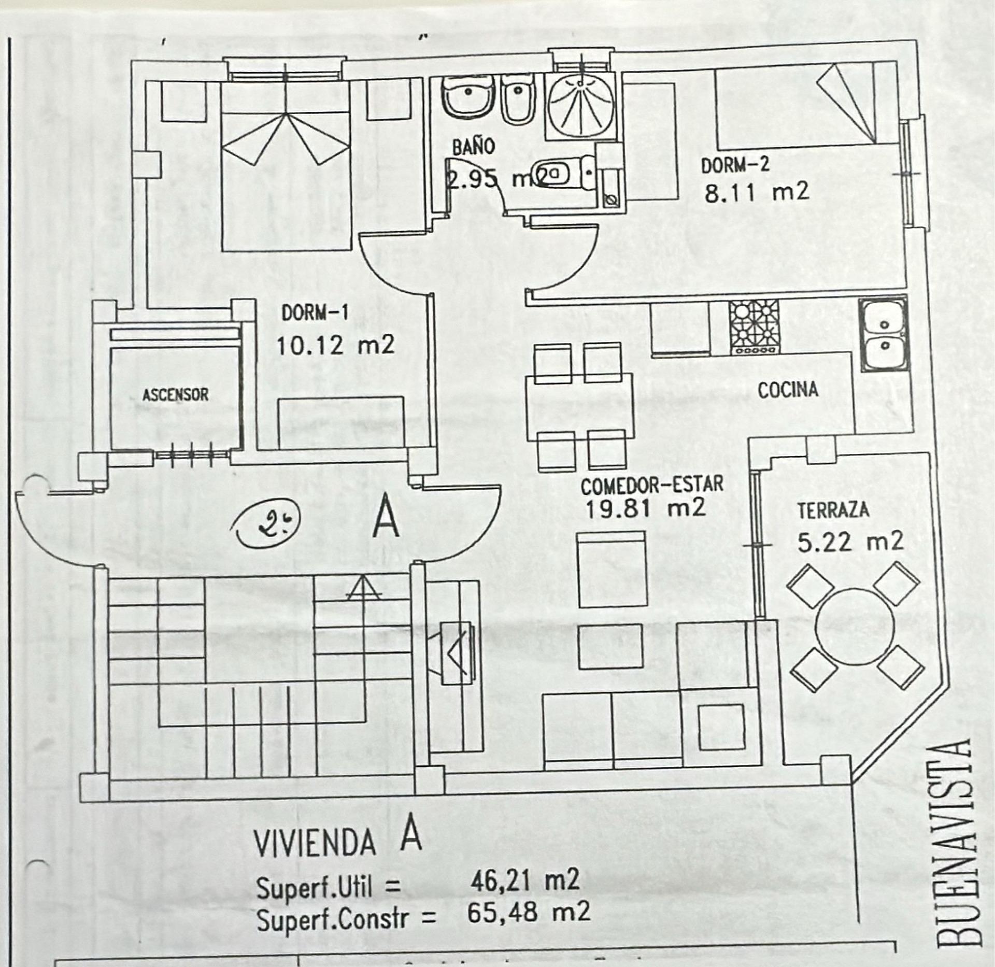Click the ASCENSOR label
[175, 395]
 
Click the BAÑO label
[473, 147]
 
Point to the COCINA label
[788, 390]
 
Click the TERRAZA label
[833, 510]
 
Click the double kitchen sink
[885, 334]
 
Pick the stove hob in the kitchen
[754, 328]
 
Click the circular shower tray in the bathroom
[581, 107]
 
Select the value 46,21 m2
[524, 880]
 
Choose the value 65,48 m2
[528, 912]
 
